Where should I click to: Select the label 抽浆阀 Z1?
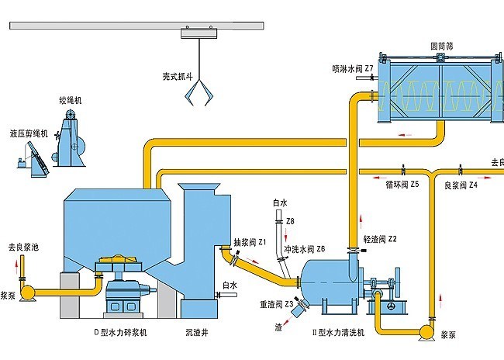point(250,242)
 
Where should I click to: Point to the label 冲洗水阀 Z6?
point(304,249)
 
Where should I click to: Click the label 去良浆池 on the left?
point(23,245)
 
